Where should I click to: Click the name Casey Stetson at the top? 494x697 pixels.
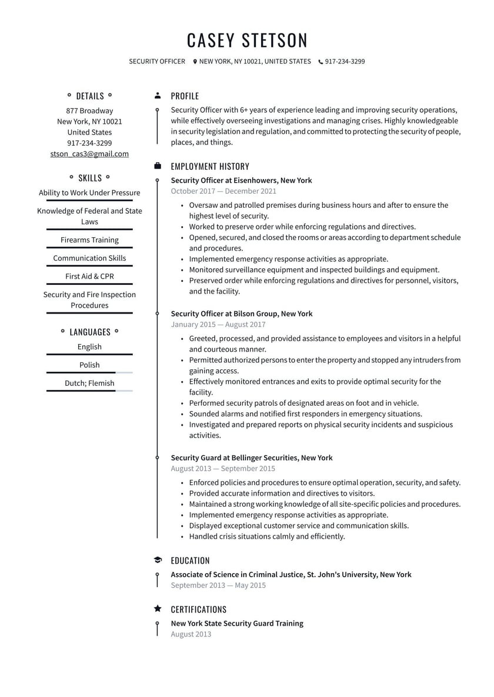point(247,40)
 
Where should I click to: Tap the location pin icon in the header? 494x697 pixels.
point(195,62)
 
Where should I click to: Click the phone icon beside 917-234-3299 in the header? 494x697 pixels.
point(321,62)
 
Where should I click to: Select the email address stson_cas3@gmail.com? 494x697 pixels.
point(89,154)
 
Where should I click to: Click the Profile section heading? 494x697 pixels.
point(185,96)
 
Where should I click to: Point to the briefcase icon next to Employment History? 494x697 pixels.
point(157,166)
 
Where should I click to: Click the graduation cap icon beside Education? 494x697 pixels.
point(157,560)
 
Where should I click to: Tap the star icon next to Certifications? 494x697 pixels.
point(157,609)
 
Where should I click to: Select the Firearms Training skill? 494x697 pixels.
point(89,240)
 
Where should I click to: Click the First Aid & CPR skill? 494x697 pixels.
point(89,276)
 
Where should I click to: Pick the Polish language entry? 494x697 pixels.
point(89,365)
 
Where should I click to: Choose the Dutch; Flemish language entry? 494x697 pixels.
point(89,383)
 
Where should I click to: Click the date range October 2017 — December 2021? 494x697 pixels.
point(223,191)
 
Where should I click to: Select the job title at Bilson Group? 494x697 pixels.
point(242,314)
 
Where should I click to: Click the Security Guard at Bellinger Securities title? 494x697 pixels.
point(252,457)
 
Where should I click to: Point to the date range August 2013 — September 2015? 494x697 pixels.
point(223,469)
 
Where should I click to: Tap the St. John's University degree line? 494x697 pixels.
point(291,574)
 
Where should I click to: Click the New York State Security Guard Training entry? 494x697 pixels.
point(237,623)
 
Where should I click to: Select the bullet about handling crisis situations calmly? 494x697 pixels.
point(267,536)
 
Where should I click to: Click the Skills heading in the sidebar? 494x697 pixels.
point(89,178)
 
